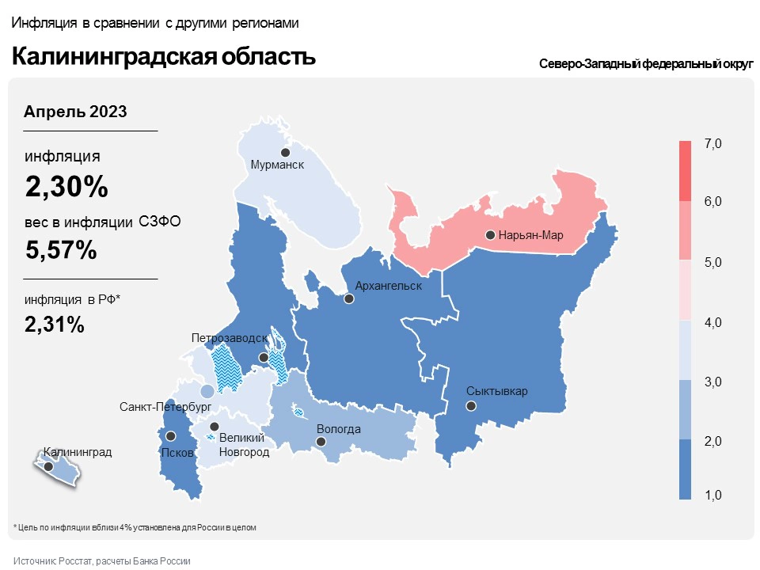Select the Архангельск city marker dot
tap(348, 299)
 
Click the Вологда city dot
tap(321, 442)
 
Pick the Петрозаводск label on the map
tap(230, 338)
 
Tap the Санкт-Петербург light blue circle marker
tap(207, 391)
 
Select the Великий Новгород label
tap(244, 444)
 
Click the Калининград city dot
tap(48, 467)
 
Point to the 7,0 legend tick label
tap(712, 143)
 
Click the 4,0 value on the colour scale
tap(712, 322)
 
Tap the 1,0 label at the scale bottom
tap(712, 496)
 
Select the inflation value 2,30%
tap(66, 188)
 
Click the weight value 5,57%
tap(61, 250)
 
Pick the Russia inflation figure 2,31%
tap(55, 324)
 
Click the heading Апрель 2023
tap(75, 112)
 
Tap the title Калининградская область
tap(163, 57)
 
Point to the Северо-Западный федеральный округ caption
tap(645, 64)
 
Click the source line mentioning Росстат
tap(102, 560)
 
